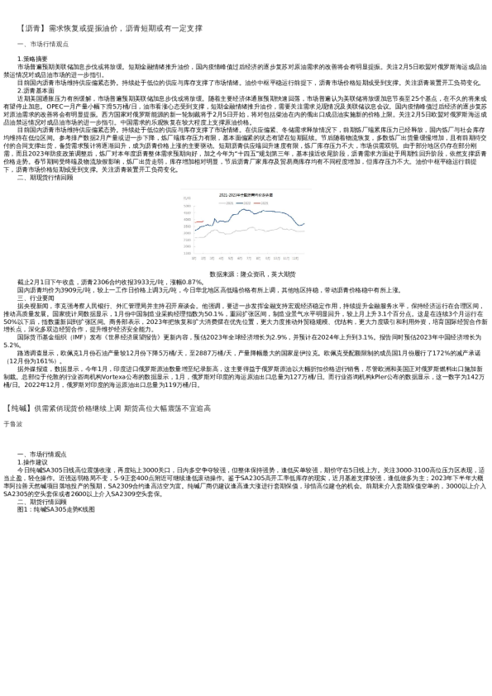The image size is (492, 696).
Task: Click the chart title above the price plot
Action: (246, 193)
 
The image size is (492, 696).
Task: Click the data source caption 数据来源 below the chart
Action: (246, 273)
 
